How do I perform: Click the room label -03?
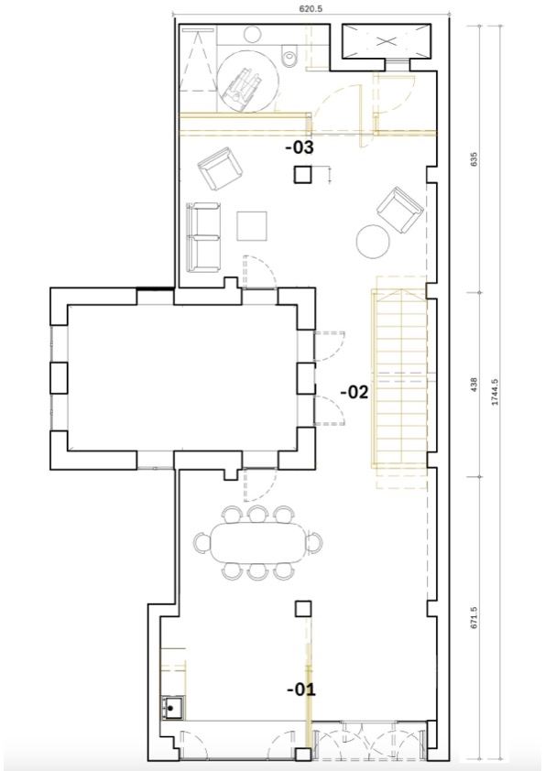[x=300, y=147]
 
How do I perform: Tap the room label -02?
[x=354, y=392]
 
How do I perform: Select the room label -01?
[x=300, y=690]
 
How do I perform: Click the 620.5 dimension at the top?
[x=311, y=8]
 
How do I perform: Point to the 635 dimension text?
[x=474, y=159]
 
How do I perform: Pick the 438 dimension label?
[x=474, y=384]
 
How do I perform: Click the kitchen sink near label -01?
[x=172, y=708]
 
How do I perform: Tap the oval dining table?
[x=258, y=543]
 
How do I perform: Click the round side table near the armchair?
[x=373, y=242]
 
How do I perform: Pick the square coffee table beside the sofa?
[x=252, y=226]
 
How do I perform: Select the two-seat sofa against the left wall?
[x=203, y=237]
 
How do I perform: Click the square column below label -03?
[x=303, y=175]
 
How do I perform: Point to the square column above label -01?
[x=303, y=609]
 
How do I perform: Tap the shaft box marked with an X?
[x=385, y=40]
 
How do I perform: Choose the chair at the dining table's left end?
[x=202, y=543]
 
